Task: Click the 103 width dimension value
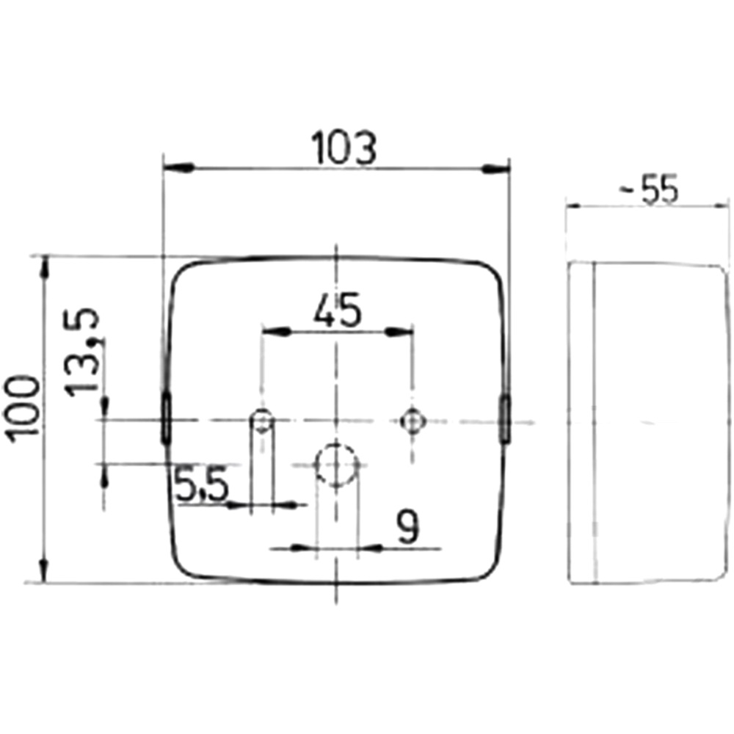(344, 148)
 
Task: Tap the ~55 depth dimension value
(649, 189)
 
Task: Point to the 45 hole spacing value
(338, 310)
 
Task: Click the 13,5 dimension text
(82, 352)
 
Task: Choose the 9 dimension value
(407, 526)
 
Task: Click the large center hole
(337, 465)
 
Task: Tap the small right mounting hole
(412, 421)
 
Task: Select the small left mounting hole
(262, 420)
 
